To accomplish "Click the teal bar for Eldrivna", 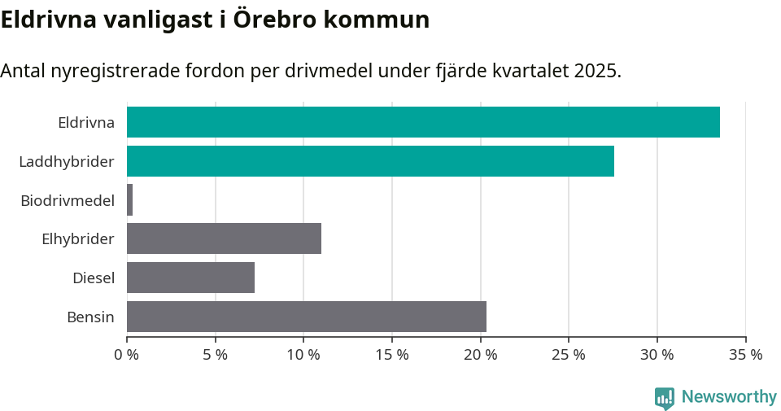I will (423, 122).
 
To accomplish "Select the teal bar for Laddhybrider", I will (370, 161).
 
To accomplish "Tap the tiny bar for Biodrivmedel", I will (130, 200).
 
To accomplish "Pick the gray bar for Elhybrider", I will (224, 238).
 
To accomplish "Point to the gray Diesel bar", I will (190, 278).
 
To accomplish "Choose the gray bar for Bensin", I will (307, 317).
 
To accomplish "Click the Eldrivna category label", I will (85, 123).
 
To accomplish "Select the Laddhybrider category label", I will (67, 162).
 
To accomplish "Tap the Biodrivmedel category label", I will (68, 200).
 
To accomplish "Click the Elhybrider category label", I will (78, 239).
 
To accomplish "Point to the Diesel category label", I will (94, 278).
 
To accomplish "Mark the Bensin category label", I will (90, 317).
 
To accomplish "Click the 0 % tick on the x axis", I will (127, 355).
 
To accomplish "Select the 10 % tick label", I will (303, 355).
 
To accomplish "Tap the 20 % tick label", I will (480, 355).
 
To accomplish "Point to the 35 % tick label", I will (745, 355).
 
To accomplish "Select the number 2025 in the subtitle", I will (596, 71).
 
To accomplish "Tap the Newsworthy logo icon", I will (665, 398).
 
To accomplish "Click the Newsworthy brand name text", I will (729, 397).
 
